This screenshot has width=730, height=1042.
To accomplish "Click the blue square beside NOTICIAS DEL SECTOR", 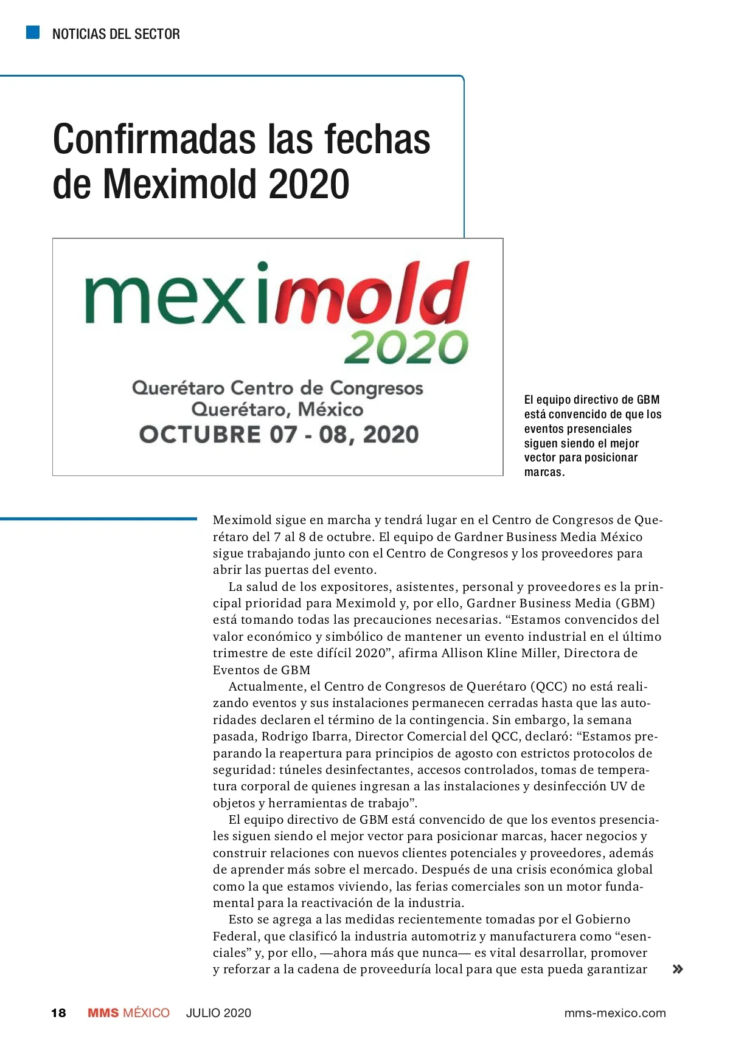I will pyautogui.click(x=33, y=32).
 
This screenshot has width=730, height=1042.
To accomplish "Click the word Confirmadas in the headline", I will pyautogui.click(x=155, y=139).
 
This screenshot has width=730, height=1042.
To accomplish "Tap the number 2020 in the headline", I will pyautogui.click(x=308, y=184).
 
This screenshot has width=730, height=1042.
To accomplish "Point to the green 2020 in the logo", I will pyautogui.click(x=406, y=347).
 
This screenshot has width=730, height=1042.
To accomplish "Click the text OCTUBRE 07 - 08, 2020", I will pyautogui.click(x=279, y=435).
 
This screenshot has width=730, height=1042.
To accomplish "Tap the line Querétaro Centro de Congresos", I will pyautogui.click(x=277, y=388).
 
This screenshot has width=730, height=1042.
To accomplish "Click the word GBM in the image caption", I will pyautogui.click(x=648, y=399).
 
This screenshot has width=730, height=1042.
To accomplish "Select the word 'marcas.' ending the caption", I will pyautogui.click(x=544, y=472).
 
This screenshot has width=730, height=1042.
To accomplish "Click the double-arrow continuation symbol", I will pyautogui.click(x=677, y=969).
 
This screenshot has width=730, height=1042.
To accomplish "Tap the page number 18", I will pyautogui.click(x=58, y=1013).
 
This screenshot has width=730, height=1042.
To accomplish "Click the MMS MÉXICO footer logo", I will pyautogui.click(x=128, y=1013).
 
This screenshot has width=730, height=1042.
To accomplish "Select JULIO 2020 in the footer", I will pyautogui.click(x=218, y=1013).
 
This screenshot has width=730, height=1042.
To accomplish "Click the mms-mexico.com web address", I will pyautogui.click(x=615, y=1013).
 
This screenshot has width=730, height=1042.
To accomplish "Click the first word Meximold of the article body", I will pyautogui.click(x=242, y=520).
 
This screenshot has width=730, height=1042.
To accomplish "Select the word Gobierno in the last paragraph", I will pyautogui.click(x=603, y=919).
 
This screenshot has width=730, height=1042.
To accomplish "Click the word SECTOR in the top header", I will pyautogui.click(x=157, y=34).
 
